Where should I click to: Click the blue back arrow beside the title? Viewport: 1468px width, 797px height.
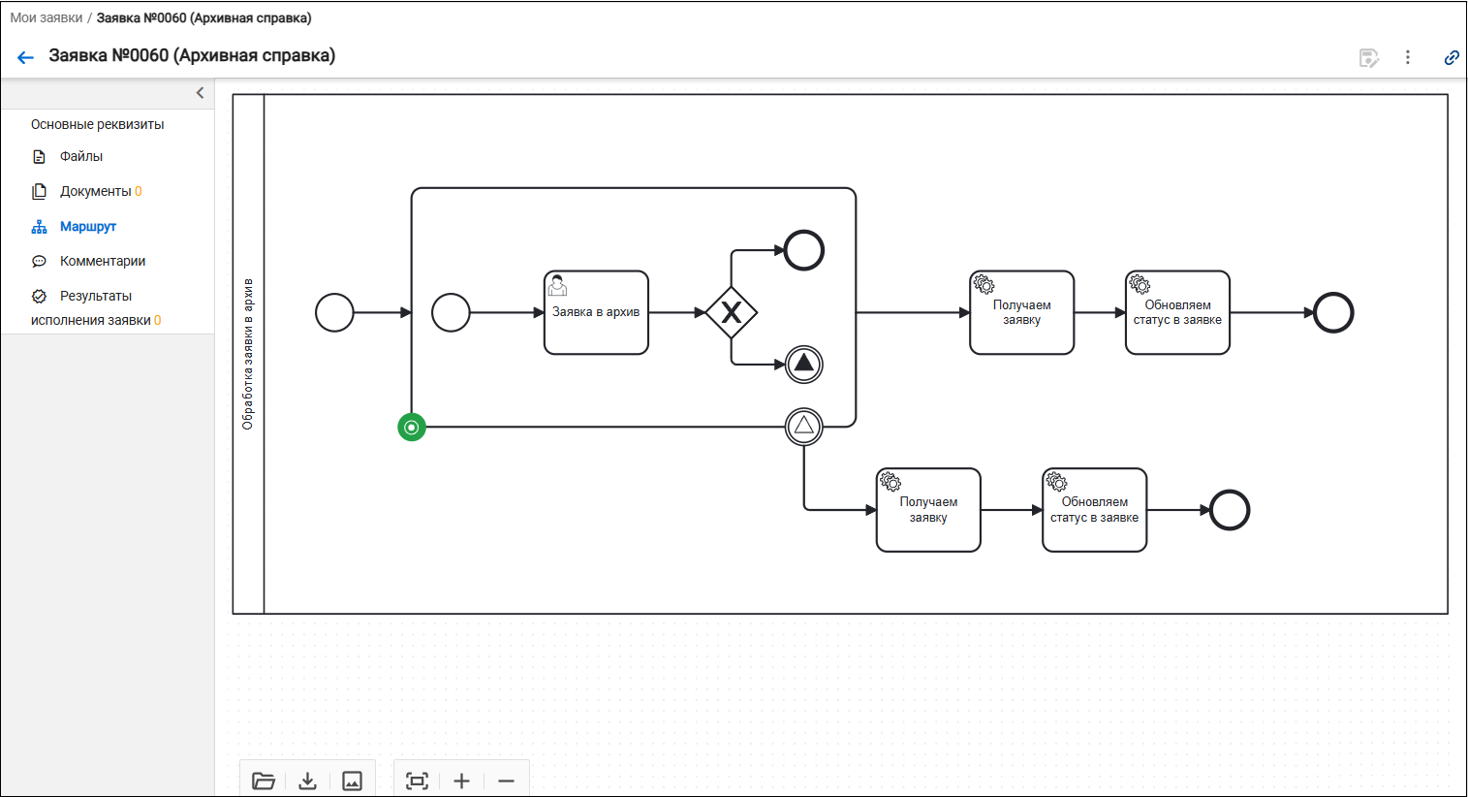tap(25, 58)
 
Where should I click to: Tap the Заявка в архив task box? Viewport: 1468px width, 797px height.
tap(596, 313)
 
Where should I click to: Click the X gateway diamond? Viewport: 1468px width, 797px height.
tap(732, 313)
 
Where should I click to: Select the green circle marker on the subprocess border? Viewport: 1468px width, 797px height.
tap(412, 428)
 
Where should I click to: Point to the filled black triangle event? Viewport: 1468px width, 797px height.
tap(804, 364)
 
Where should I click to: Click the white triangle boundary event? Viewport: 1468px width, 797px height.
tap(804, 427)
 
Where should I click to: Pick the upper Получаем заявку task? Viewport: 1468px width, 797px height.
tap(1021, 313)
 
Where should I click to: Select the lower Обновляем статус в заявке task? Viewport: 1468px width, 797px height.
tap(1094, 510)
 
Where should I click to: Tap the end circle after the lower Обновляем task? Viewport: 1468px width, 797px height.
tap(1230, 510)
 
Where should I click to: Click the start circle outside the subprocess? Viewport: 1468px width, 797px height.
tap(334, 313)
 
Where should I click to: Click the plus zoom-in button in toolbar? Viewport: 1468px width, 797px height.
tap(461, 781)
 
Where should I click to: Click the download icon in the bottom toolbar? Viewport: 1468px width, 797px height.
tap(307, 781)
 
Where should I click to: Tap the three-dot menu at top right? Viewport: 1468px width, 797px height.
tap(1408, 58)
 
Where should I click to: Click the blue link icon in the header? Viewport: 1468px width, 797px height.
tap(1452, 58)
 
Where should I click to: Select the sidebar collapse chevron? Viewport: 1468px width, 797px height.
tap(200, 93)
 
